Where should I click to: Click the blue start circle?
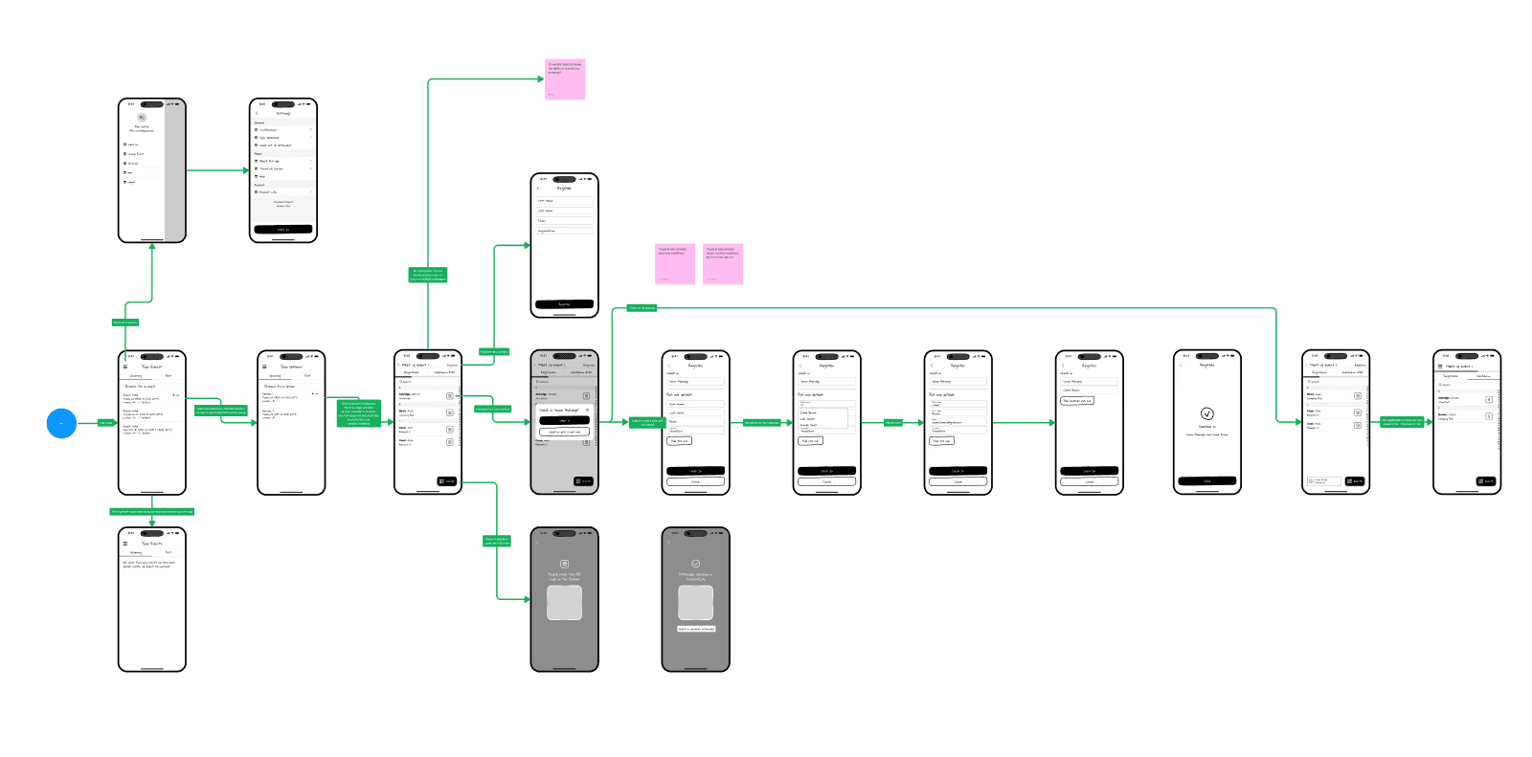point(61,422)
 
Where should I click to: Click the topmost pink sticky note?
point(565,78)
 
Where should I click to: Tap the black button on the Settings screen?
point(282,230)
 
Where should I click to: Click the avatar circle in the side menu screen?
point(142,118)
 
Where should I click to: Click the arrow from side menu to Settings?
point(217,171)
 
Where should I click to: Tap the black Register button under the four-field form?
point(564,304)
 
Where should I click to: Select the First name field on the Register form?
point(564,201)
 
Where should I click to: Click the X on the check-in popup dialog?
point(587,410)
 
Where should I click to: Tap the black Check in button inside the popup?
point(564,420)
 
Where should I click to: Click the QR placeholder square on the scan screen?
point(564,603)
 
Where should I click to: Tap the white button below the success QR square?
point(696,629)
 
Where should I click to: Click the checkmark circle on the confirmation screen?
point(1206,413)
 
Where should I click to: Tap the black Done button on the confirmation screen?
point(1206,480)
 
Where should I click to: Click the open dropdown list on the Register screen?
point(823,418)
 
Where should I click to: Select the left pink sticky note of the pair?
point(675,263)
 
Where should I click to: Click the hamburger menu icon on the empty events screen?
point(124,544)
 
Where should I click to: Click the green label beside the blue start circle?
point(105,422)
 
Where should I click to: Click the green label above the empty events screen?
point(151,512)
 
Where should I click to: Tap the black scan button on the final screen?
point(1485,481)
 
